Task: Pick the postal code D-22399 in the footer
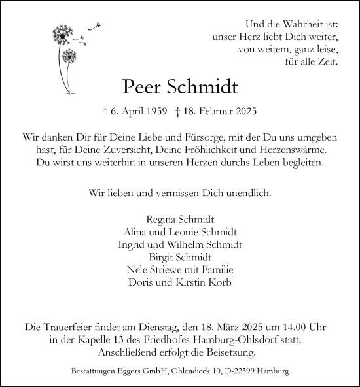coord(255,372)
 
